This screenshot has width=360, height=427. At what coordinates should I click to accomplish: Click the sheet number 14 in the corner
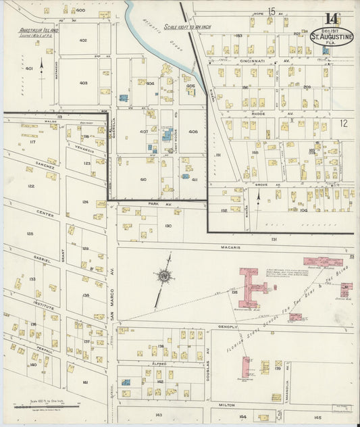click(331, 19)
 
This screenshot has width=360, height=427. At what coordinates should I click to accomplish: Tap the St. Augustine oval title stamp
click(332, 36)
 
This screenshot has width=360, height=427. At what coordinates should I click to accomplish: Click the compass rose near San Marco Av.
click(163, 276)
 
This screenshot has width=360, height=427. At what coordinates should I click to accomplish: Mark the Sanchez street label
click(46, 164)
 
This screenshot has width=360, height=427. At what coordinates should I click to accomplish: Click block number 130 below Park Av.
click(168, 226)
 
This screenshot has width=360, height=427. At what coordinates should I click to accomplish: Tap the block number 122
click(31, 186)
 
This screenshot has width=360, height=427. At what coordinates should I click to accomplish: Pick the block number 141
click(86, 382)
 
